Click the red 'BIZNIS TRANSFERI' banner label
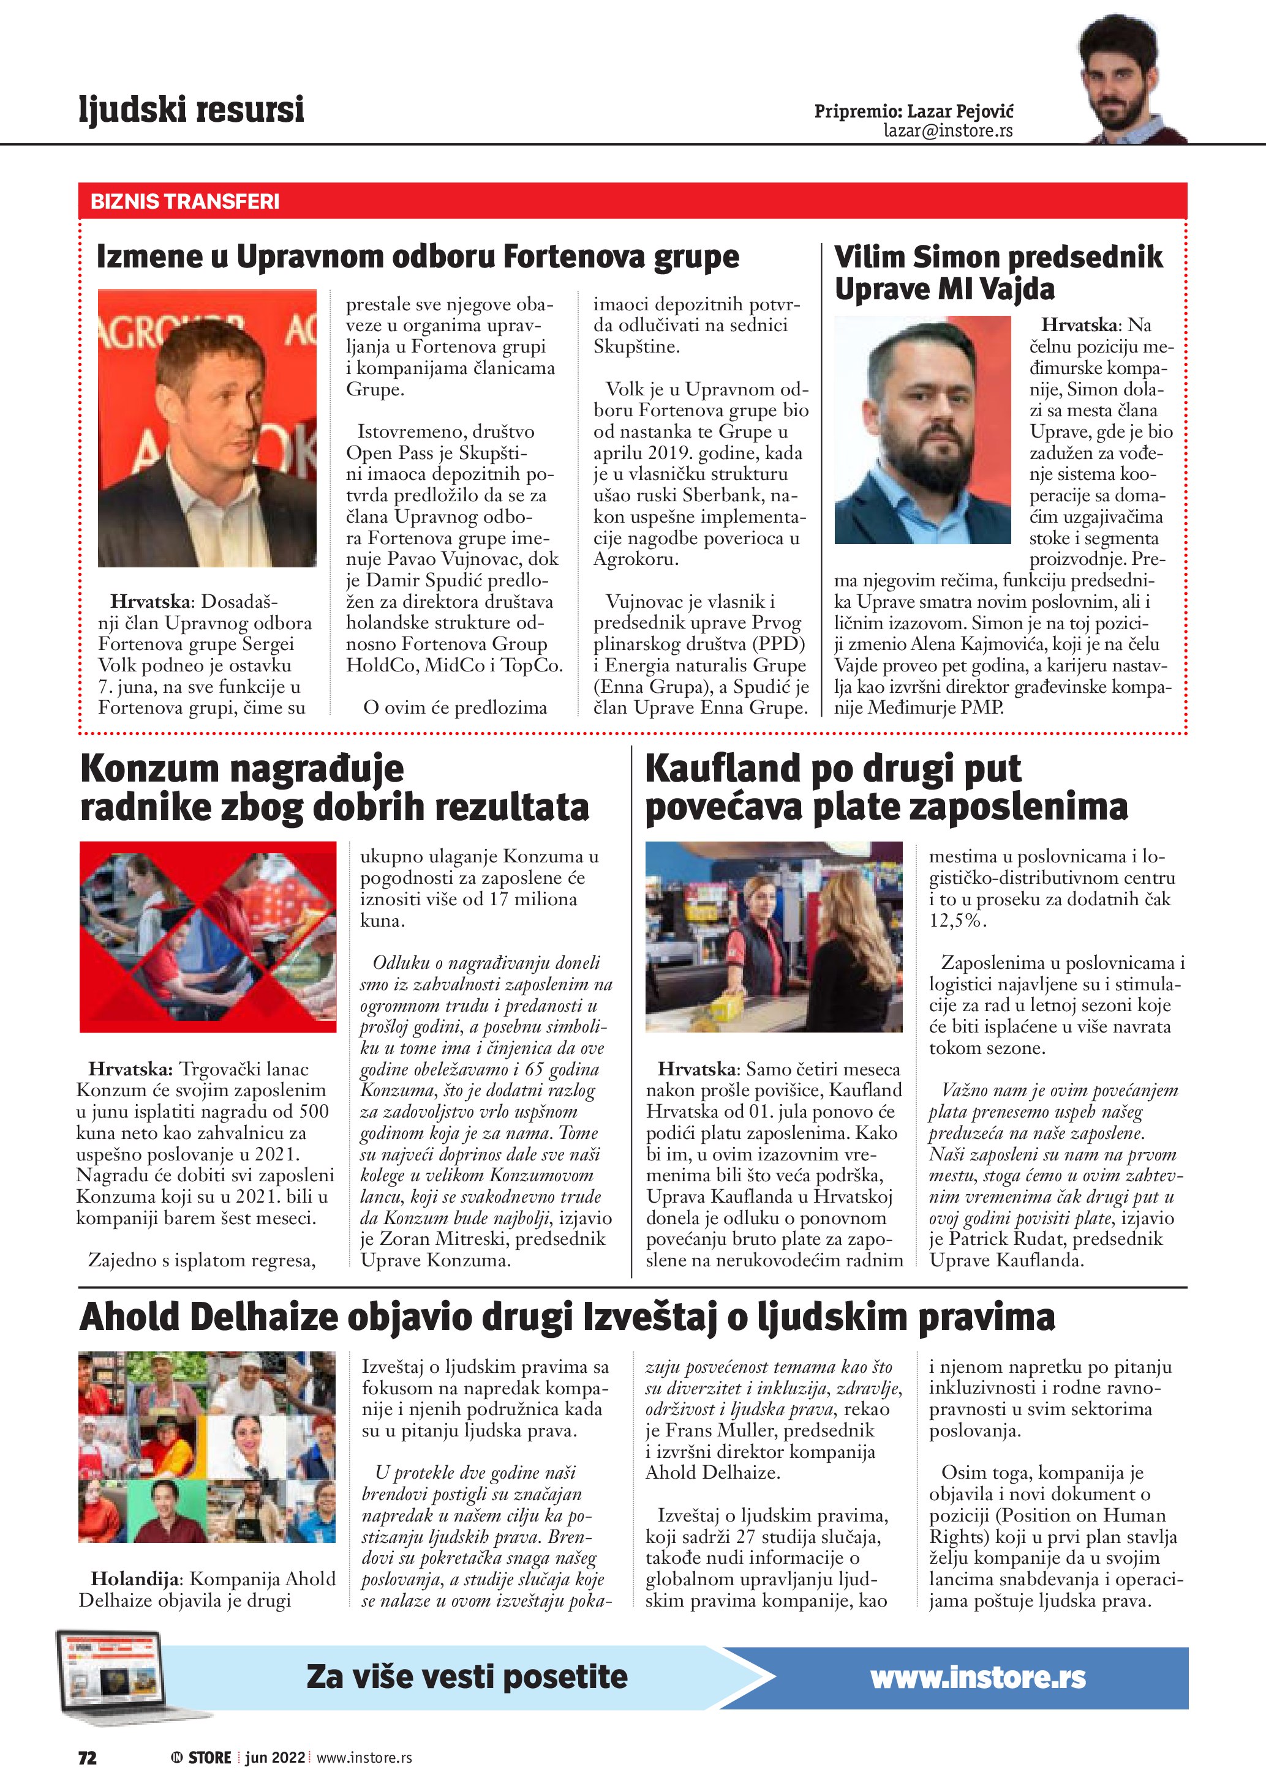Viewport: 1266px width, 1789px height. pyautogui.click(x=185, y=202)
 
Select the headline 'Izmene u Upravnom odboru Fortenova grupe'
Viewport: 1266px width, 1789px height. pyautogui.click(x=417, y=256)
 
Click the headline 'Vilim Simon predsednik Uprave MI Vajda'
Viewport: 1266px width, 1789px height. pyautogui.click(x=998, y=273)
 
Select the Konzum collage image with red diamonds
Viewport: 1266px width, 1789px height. pyautogui.click(x=208, y=936)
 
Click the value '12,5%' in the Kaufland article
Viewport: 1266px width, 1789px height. pyautogui.click(x=957, y=921)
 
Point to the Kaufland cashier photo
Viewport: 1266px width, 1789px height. pyautogui.click(x=774, y=936)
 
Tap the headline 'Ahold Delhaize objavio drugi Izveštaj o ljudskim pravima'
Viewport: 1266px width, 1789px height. pyautogui.click(x=567, y=1317)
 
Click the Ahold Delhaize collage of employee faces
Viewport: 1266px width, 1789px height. pyautogui.click(x=208, y=1447)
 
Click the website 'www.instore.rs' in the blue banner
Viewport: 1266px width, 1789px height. pyautogui.click(x=978, y=1677)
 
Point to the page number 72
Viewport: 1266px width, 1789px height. pyautogui.click(x=88, y=1757)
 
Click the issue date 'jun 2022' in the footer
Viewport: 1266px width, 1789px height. pyautogui.click(x=274, y=1757)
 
